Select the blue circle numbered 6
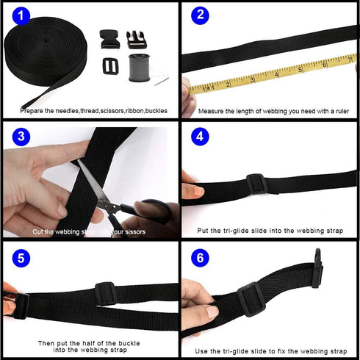(x=200, y=259)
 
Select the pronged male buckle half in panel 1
(x=137, y=38)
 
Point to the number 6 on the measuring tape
(x=325, y=65)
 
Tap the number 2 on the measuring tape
(x=228, y=84)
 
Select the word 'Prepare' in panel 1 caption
(x=32, y=112)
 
